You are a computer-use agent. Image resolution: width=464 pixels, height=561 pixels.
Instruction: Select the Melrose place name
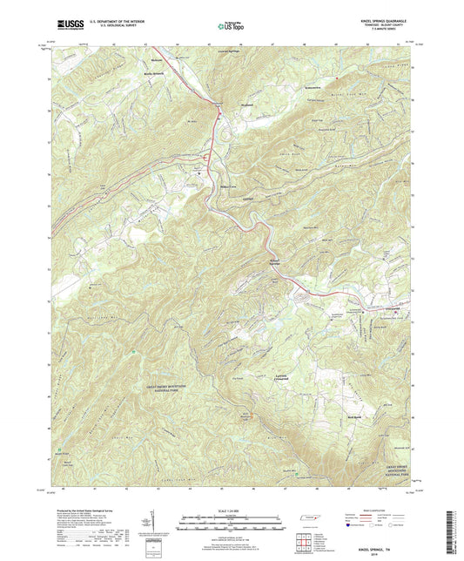click(x=158, y=59)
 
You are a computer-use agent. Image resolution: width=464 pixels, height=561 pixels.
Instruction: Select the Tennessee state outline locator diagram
click(x=309, y=521)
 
